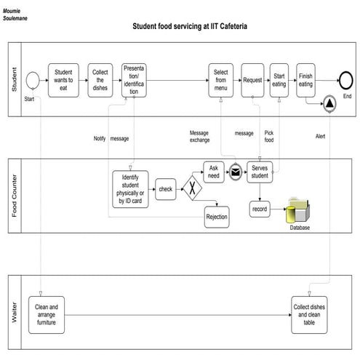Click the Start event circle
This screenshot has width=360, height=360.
coord(32,79)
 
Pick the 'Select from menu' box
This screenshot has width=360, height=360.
coord(220,79)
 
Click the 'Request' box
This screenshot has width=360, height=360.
coord(252,79)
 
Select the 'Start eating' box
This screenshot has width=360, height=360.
coord(279,79)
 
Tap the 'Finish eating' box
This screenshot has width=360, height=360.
coord(306,79)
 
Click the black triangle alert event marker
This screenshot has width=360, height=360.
coord(329,105)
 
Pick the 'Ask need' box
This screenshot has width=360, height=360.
coord(213,172)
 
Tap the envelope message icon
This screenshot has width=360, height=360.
coord(236,172)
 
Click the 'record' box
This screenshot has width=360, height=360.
coord(260,209)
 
